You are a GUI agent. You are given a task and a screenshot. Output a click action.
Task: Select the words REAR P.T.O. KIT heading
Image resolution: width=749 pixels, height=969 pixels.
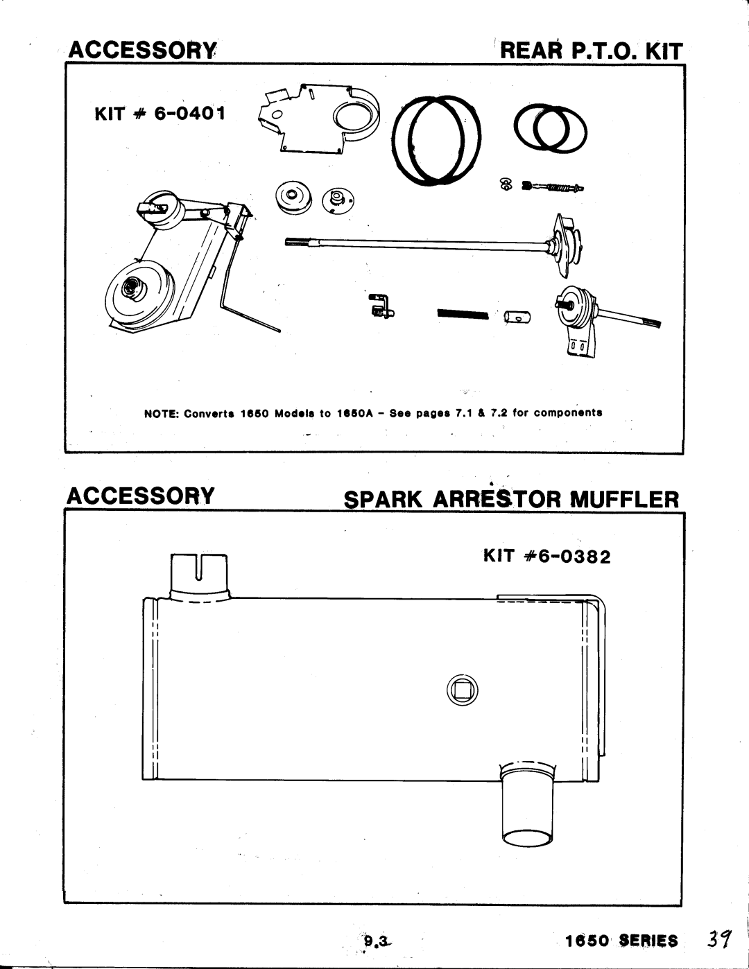[592, 52]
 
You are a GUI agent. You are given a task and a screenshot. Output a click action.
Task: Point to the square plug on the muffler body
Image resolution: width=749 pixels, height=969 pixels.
[463, 690]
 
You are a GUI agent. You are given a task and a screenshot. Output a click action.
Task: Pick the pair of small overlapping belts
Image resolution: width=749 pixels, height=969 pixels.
[552, 128]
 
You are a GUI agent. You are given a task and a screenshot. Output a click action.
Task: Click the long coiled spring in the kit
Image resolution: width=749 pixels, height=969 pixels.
[463, 315]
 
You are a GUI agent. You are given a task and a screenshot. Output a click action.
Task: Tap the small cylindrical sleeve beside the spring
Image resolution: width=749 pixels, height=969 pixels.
[518, 317]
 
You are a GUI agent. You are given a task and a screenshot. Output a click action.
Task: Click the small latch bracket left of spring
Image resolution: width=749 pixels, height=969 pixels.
[380, 306]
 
